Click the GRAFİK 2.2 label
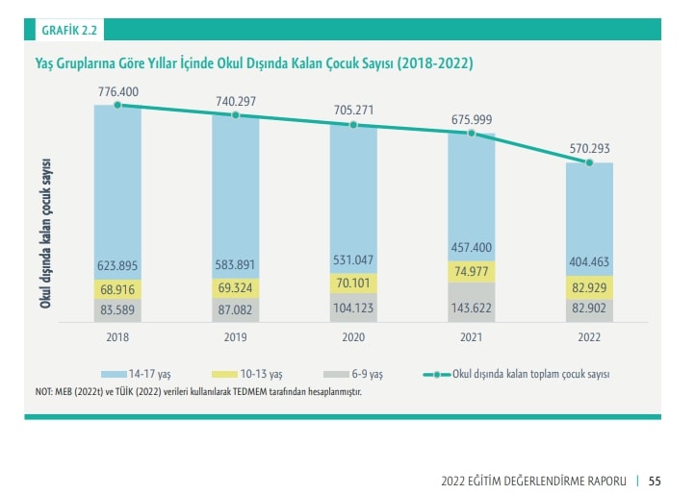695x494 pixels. click(x=69, y=30)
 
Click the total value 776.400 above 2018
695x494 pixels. click(x=117, y=90)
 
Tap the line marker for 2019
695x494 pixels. click(x=236, y=115)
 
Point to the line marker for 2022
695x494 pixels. click(x=589, y=162)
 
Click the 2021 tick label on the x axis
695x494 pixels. click(x=471, y=337)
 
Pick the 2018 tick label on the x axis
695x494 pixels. click(x=117, y=337)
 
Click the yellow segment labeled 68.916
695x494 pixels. click(x=117, y=288)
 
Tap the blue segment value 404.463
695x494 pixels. click(x=589, y=261)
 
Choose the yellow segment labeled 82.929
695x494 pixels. click(x=589, y=287)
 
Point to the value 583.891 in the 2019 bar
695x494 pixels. click(x=236, y=265)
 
